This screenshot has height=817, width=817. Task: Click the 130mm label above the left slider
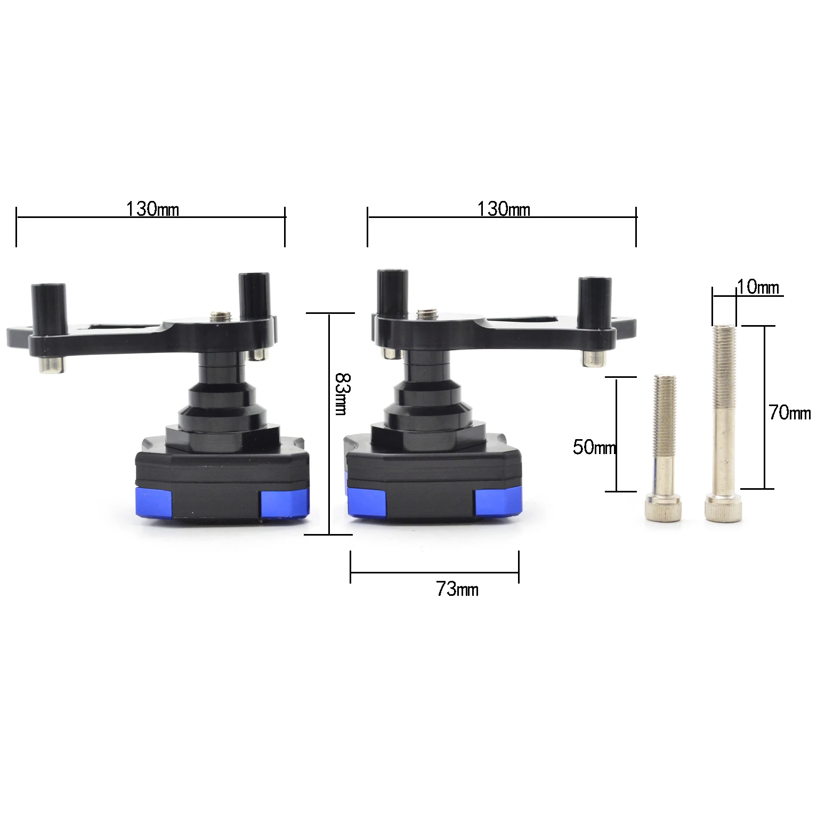pos(152,209)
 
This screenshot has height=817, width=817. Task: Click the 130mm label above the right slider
pos(504,209)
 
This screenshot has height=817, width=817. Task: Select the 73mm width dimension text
pos(457,589)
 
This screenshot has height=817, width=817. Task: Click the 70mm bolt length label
pos(790,412)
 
